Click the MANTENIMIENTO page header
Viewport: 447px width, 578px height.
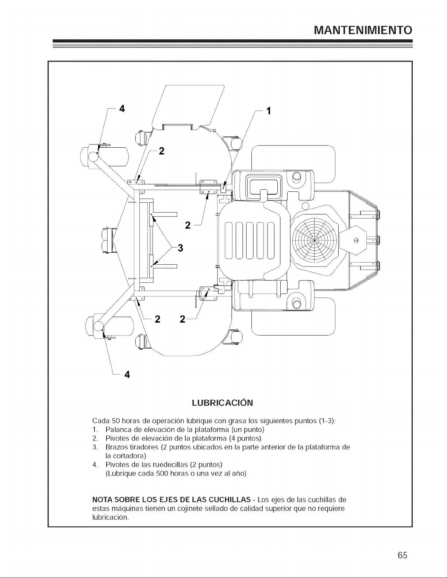(363, 30)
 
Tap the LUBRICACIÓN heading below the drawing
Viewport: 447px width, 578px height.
(222, 403)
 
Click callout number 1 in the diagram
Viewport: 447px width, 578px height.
(269, 111)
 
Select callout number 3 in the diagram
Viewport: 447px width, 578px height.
(180, 248)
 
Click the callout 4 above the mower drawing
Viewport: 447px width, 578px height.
(122, 109)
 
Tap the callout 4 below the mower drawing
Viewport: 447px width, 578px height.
(127, 375)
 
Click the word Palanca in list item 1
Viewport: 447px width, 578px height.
(115, 430)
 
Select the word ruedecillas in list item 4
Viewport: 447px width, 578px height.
(169, 465)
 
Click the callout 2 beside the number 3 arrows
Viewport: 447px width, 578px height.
(188, 225)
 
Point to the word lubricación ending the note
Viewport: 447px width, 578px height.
(111, 517)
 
